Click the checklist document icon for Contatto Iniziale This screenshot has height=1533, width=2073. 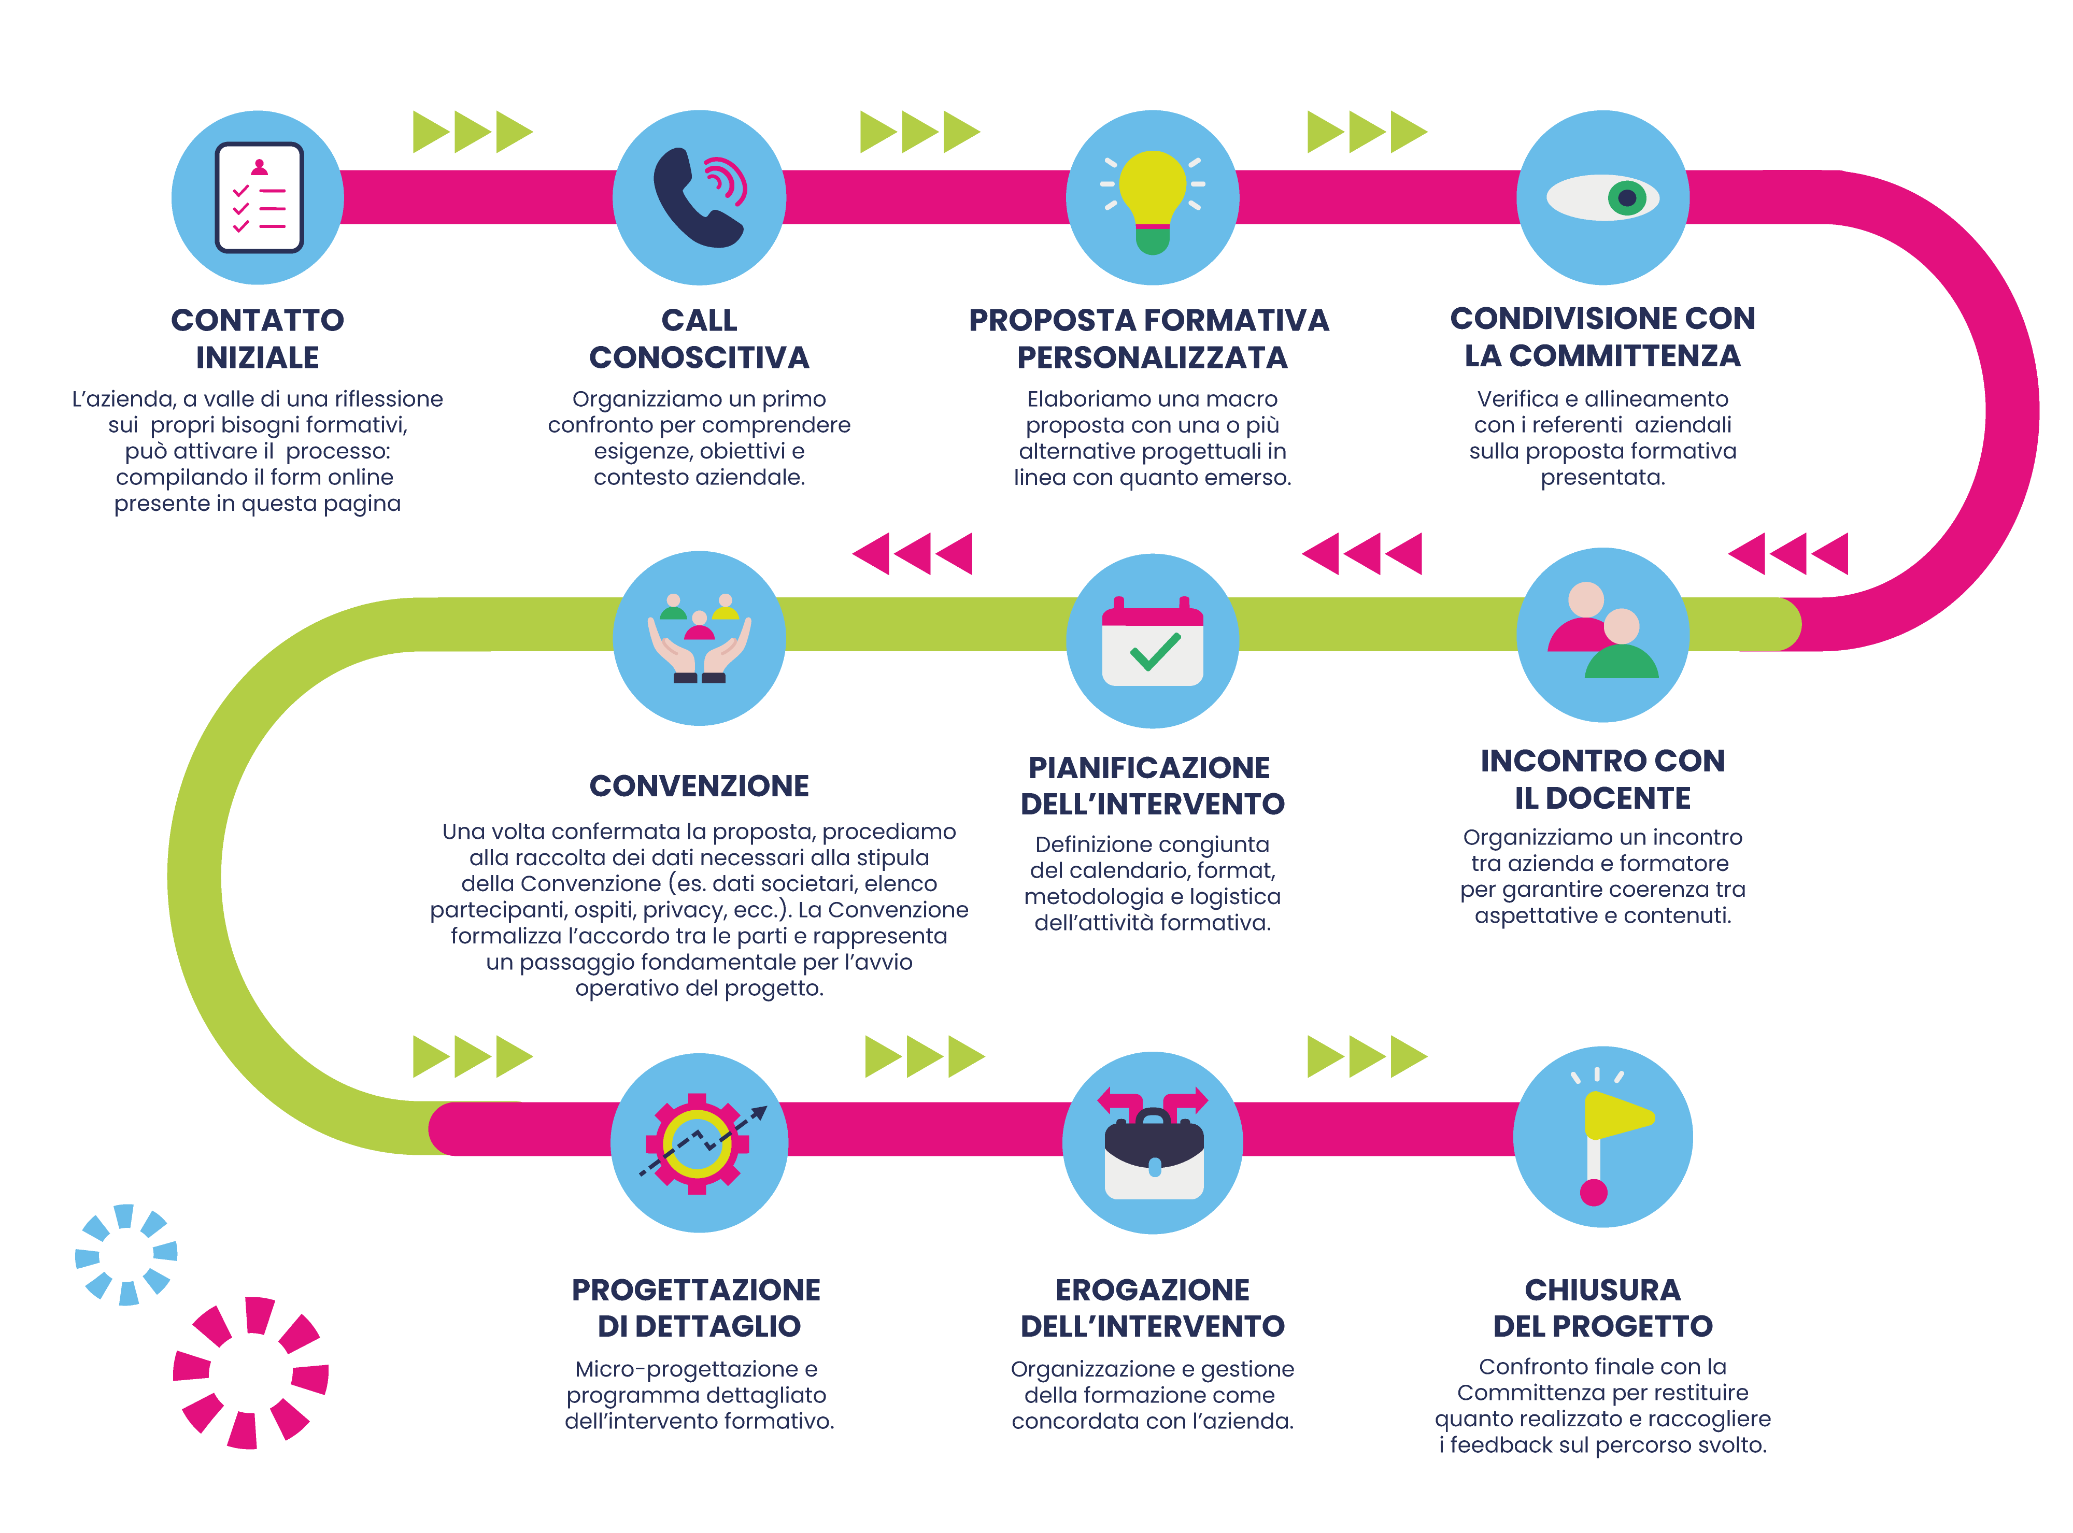tap(259, 198)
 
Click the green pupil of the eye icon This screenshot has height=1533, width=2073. tap(1626, 198)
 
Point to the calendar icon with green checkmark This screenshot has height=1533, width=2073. tap(1152, 642)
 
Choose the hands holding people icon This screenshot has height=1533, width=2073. tap(699, 638)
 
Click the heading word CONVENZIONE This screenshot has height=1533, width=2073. tap(699, 786)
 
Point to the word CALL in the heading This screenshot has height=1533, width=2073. tap(699, 320)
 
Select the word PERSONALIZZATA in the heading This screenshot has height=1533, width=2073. tap(1152, 358)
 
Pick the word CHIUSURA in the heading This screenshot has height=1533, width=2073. tap(1602, 1290)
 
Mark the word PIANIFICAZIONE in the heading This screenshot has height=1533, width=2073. tap(1149, 767)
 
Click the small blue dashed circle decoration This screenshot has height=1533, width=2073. tap(126, 1255)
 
